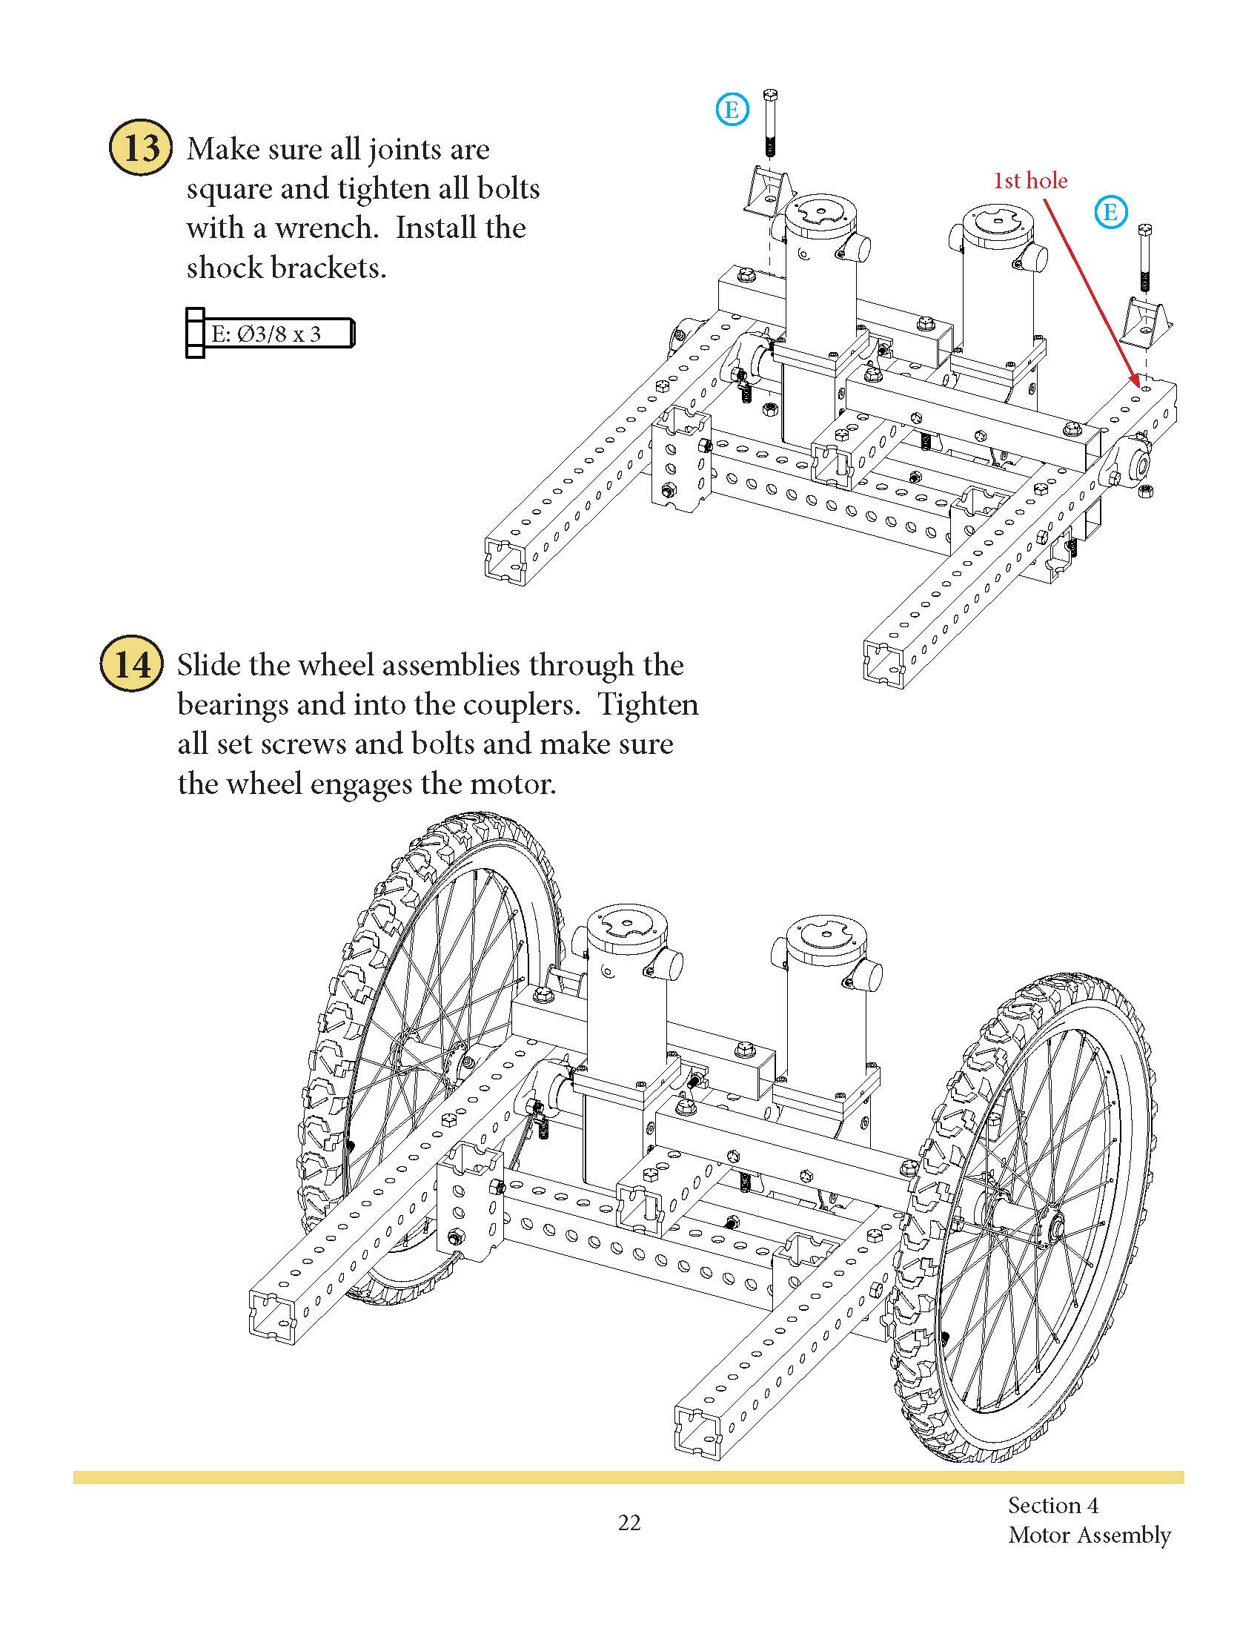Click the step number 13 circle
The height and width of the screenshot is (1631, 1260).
tap(140, 147)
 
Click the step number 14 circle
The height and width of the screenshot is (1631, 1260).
tap(131, 664)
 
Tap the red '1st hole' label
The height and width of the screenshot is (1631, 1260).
tap(1029, 180)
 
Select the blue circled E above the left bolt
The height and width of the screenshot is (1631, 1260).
tap(732, 110)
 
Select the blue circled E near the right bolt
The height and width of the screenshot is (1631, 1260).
tap(1110, 212)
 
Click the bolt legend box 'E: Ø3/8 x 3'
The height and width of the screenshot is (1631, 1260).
tap(271, 333)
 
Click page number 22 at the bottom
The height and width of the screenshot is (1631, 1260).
tap(629, 1524)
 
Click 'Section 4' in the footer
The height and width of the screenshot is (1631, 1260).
tap(1052, 1505)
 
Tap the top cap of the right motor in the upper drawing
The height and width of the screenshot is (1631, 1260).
tap(996, 222)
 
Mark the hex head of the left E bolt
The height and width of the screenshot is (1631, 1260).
tap(770, 95)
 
